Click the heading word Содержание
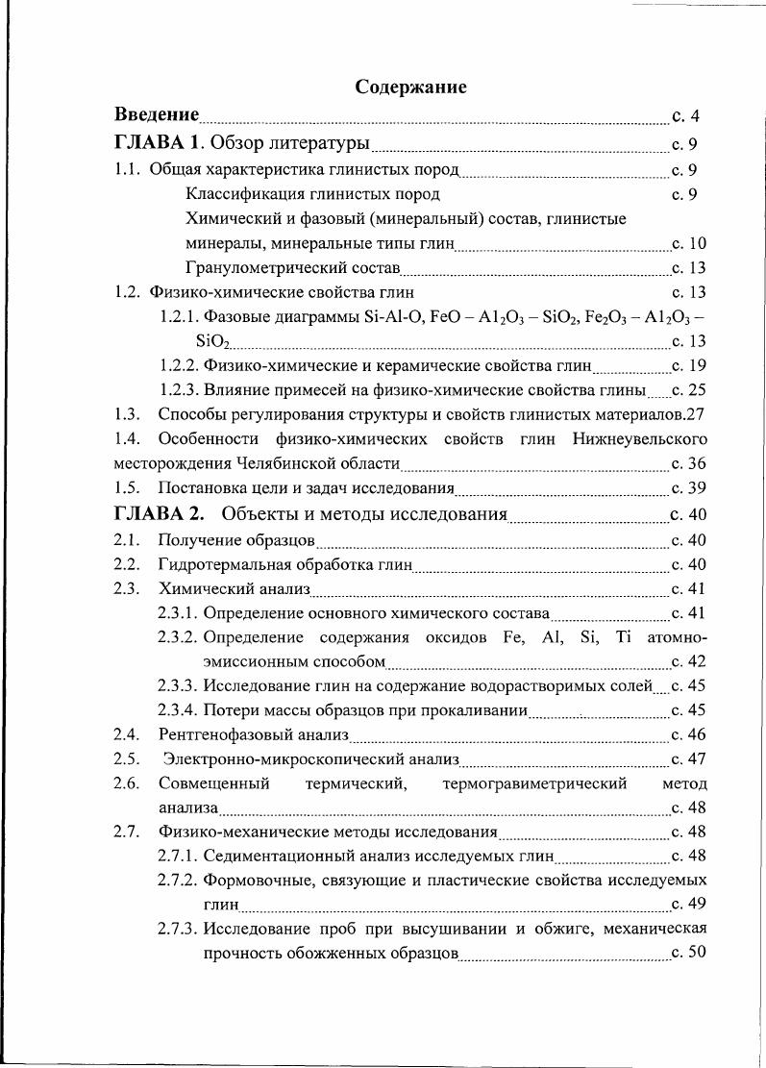[410, 87]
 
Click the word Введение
[157, 115]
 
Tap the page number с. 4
[685, 116]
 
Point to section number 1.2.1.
[180, 317]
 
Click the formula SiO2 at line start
[212, 341]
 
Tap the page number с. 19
[689, 365]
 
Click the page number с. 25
[689, 390]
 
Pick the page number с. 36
[689, 463]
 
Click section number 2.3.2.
[179, 637]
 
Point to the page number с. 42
[689, 661]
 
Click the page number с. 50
[689, 953]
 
